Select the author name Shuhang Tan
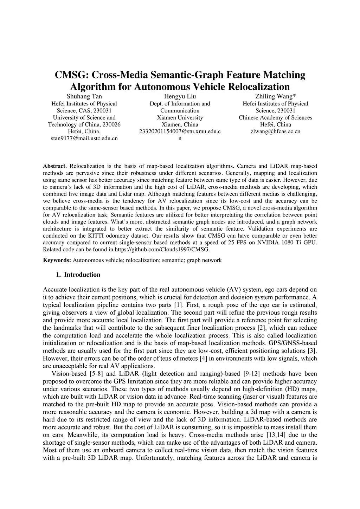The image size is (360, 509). click(84, 96)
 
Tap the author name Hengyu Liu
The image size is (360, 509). click(180, 96)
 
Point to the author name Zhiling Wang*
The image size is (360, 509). click(275, 96)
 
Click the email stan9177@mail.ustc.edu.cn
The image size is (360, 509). click(84, 138)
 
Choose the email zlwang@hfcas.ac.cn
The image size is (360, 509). click(275, 131)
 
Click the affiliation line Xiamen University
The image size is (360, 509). click(180, 117)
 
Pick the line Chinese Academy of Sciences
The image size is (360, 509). click(275, 117)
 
